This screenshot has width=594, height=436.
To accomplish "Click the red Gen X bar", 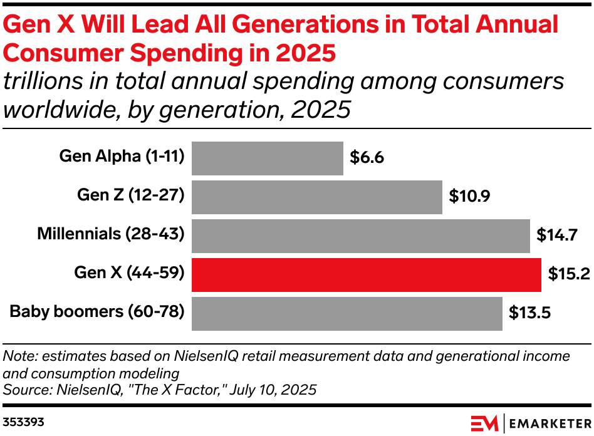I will (x=366, y=275).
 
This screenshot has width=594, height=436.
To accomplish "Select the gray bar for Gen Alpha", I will (x=267, y=158).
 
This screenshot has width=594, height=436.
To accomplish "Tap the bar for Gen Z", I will (x=316, y=197).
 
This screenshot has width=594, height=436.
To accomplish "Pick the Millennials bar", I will (x=360, y=236).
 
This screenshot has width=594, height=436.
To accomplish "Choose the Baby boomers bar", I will (x=346, y=314).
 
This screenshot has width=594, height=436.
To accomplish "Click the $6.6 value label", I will (x=367, y=158).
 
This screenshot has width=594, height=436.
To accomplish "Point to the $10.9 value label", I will (x=469, y=197).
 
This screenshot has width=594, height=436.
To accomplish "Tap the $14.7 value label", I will (x=557, y=236).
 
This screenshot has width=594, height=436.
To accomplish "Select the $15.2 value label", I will (x=568, y=275).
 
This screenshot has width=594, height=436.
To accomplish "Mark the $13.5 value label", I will (x=529, y=314).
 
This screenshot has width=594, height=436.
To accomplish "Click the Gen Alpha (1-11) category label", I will (x=122, y=157).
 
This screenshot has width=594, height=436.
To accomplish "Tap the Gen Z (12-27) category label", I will (x=130, y=195).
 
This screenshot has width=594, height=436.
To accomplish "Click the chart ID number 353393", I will (x=24, y=422).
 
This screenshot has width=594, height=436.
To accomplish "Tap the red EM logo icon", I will (x=484, y=422).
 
